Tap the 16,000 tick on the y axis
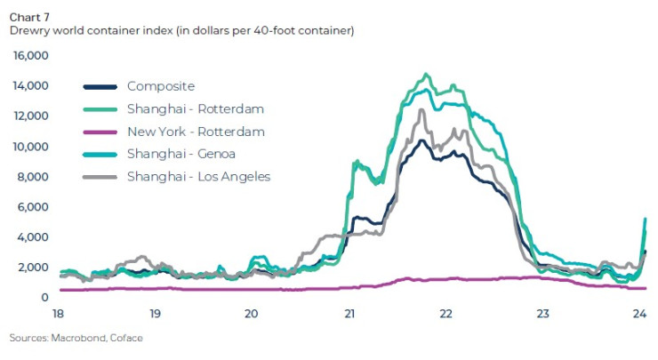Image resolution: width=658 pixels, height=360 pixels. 29,56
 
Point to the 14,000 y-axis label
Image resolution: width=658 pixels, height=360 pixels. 29,86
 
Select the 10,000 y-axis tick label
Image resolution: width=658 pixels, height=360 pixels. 29,147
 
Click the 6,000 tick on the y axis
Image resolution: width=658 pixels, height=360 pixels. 32,207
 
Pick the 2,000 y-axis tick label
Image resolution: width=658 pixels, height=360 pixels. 32,268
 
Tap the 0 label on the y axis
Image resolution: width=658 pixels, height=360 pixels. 44,298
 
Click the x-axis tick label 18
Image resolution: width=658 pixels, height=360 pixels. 58,314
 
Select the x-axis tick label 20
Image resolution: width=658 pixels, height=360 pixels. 252,314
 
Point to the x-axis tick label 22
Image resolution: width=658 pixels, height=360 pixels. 446,314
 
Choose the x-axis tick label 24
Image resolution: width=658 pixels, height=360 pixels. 640,314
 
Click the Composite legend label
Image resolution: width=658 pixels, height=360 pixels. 160,86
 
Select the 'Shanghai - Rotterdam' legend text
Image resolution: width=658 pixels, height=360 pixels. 196,108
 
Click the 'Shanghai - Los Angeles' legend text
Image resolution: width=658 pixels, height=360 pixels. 198,177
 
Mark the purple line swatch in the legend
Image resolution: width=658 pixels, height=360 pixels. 100,132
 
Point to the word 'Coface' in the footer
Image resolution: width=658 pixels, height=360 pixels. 126,339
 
